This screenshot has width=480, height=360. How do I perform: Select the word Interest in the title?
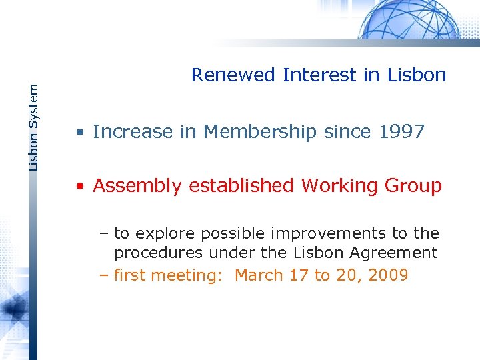pos(320,75)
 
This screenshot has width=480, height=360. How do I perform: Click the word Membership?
pos(260,132)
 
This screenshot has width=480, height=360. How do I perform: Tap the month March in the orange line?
pos(259,275)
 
